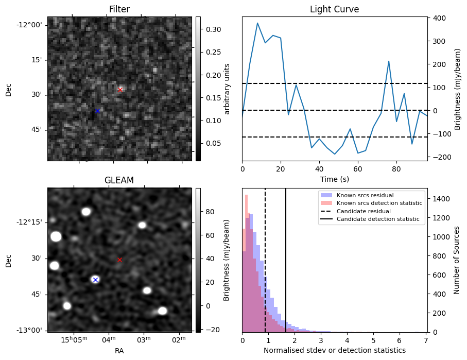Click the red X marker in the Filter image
click(120, 90)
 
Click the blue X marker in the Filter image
click(97, 111)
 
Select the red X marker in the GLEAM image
click(120, 260)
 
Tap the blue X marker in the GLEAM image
click(95, 280)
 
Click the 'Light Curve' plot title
click(334, 9)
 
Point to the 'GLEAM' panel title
click(119, 180)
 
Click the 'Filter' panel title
click(119, 9)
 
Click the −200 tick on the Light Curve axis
click(438, 157)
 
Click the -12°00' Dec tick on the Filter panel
click(32, 25)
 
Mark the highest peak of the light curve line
click(257, 23)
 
